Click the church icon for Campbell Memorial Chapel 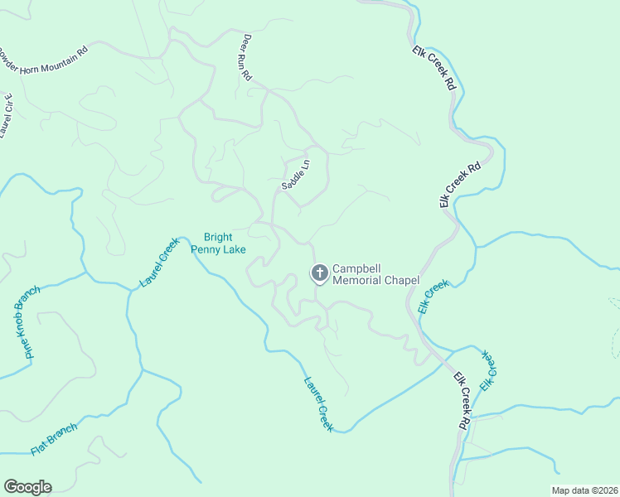point(319,273)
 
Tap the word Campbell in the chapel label point(356,269)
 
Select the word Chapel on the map point(401,280)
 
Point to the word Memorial point(356,280)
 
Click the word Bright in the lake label point(219,237)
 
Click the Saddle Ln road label point(295,175)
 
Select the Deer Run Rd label point(247,57)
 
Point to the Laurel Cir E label point(7,115)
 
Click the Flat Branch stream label point(55,439)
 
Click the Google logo point(27,486)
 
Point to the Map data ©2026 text point(585,490)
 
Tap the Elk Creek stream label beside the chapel point(433,296)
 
